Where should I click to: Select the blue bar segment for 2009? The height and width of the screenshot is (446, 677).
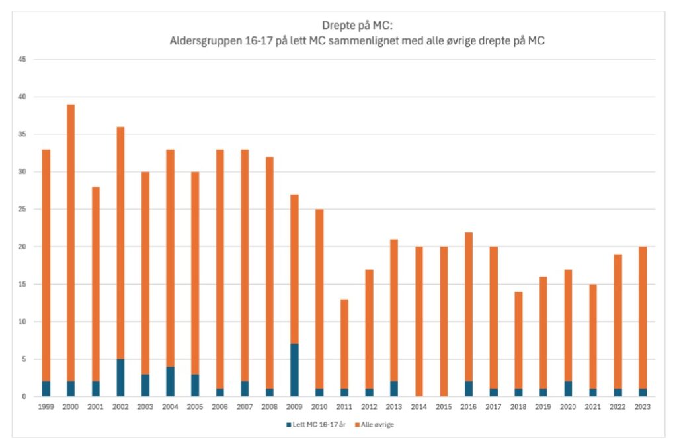[294, 371]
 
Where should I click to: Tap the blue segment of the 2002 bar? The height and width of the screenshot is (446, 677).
[120, 378]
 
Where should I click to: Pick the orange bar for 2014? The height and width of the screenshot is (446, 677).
[418, 322]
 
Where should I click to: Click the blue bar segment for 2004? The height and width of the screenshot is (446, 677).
[170, 382]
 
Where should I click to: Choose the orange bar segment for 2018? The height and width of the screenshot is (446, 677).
[518, 340]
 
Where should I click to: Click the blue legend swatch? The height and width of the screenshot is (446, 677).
[289, 424]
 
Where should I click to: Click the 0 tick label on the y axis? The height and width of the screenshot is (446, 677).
[24, 396]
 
